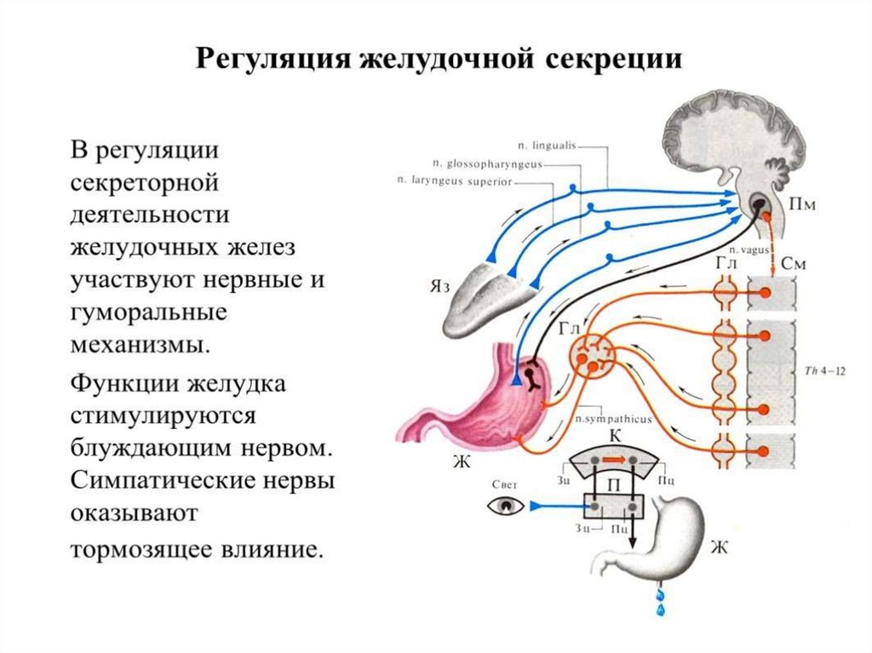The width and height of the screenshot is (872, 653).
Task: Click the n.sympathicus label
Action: tap(601, 420)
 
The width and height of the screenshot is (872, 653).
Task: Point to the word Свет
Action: tap(504, 483)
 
